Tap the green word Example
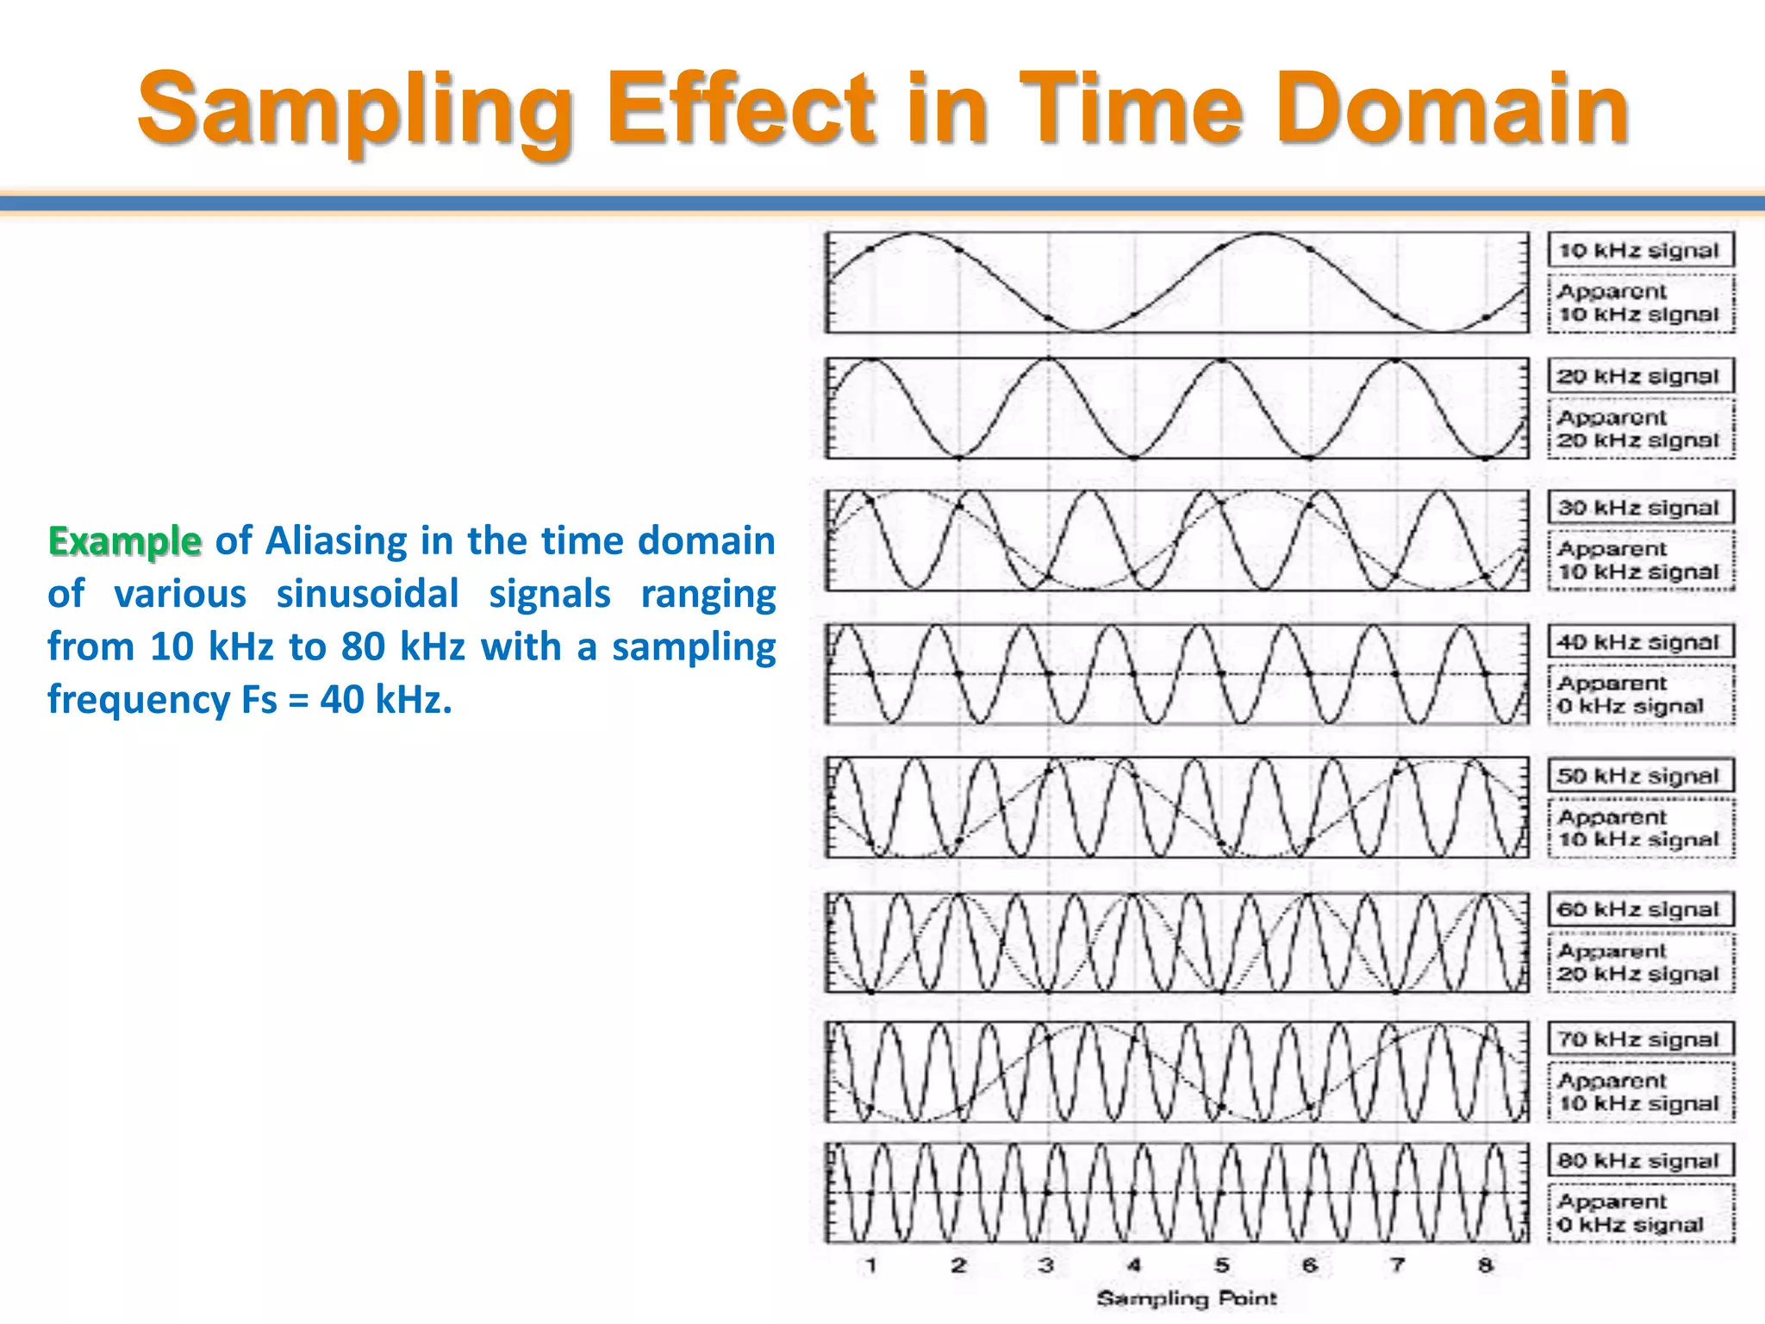point(125,541)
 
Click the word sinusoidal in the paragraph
point(367,594)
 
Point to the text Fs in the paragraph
point(259,699)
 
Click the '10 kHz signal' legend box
point(1640,251)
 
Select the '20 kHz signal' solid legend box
point(1640,377)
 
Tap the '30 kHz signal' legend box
point(1640,508)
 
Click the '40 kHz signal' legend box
point(1640,642)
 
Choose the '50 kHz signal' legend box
point(1640,776)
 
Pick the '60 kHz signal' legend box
point(1640,909)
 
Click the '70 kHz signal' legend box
point(1640,1040)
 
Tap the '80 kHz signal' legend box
point(1640,1161)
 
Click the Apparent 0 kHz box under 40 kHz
point(1640,695)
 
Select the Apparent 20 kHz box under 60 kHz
point(1640,962)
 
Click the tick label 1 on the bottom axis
point(871,1265)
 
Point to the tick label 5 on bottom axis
point(1222,1265)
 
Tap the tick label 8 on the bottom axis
point(1485,1265)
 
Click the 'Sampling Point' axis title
point(1186,1298)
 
